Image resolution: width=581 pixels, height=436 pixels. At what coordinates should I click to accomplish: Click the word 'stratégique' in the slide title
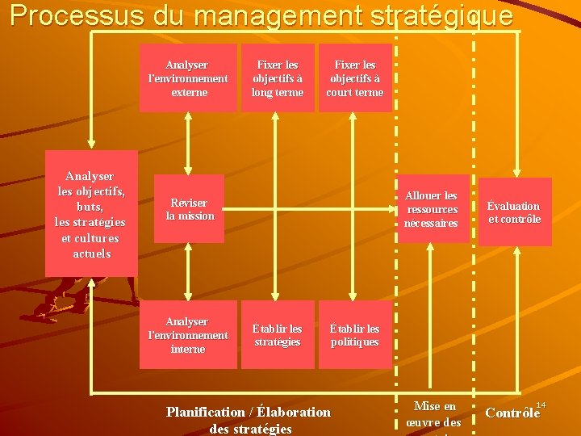tap(437, 16)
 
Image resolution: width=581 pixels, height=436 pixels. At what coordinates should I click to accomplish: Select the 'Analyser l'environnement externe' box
tap(188, 78)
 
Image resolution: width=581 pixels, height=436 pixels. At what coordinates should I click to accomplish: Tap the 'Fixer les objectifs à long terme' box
tap(278, 78)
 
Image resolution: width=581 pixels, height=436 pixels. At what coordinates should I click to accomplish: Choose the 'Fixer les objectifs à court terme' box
tap(354, 78)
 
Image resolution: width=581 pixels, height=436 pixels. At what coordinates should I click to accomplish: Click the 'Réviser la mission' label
tap(190, 209)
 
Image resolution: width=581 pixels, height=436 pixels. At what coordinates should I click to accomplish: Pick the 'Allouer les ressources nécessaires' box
tap(431, 209)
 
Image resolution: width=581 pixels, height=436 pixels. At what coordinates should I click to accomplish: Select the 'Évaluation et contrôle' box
tap(514, 212)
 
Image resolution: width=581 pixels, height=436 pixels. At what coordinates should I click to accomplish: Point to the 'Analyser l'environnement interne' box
tap(188, 334)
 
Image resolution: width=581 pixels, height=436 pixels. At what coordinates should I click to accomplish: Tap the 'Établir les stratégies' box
tap(278, 334)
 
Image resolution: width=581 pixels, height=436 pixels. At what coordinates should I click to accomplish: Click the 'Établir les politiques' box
tap(354, 334)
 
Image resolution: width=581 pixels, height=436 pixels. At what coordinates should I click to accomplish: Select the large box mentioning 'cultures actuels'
tap(91, 214)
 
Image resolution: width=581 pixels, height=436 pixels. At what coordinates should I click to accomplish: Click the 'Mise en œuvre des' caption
tap(434, 414)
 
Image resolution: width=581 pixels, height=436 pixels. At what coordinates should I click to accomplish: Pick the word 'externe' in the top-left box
tap(189, 92)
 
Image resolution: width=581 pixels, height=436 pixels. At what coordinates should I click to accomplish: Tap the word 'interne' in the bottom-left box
tap(188, 349)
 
